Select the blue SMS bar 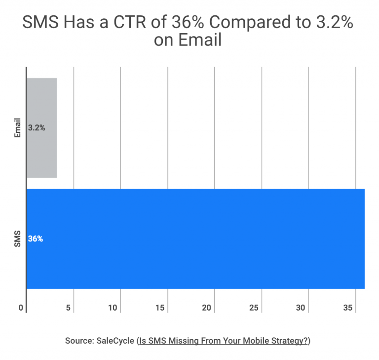point(195,239)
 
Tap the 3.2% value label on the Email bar point(37,128)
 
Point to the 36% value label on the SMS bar point(36,239)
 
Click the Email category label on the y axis point(18,128)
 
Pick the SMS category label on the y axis point(18,239)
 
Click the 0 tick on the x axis point(21,308)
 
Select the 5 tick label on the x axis point(69,308)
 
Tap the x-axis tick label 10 point(113,308)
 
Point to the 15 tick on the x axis point(160,308)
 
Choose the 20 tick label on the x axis point(207,308)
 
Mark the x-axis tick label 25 point(254,308)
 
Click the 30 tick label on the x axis point(301,308)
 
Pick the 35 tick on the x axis point(347,308)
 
